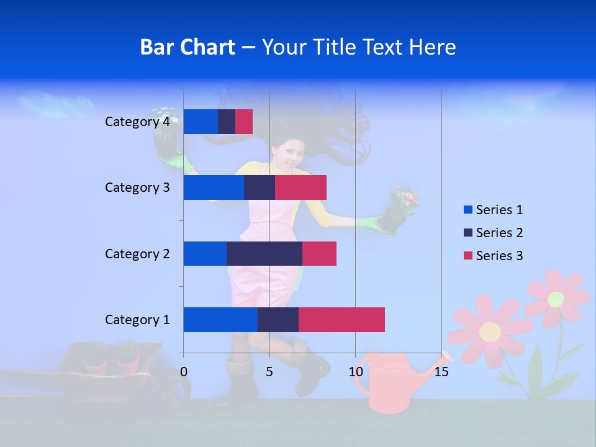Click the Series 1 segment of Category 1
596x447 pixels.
coord(220,320)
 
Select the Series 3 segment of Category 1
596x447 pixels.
coord(341,320)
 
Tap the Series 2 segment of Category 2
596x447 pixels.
coord(264,253)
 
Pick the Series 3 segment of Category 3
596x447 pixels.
coord(300,187)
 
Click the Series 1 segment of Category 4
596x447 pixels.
coord(200,122)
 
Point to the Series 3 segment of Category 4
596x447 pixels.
coord(244,122)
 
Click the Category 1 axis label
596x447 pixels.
coord(137,320)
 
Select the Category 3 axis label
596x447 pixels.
coord(137,187)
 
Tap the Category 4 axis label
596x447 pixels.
coord(137,122)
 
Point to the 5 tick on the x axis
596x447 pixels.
coord(269,372)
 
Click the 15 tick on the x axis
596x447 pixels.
coord(441,372)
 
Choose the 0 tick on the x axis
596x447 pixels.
coord(184,372)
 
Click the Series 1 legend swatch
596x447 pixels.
coord(467,210)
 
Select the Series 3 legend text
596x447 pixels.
coord(499,256)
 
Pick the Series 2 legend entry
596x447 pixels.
coord(494,233)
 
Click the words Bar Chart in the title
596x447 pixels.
coord(187,47)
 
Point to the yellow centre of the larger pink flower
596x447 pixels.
coord(490,332)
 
